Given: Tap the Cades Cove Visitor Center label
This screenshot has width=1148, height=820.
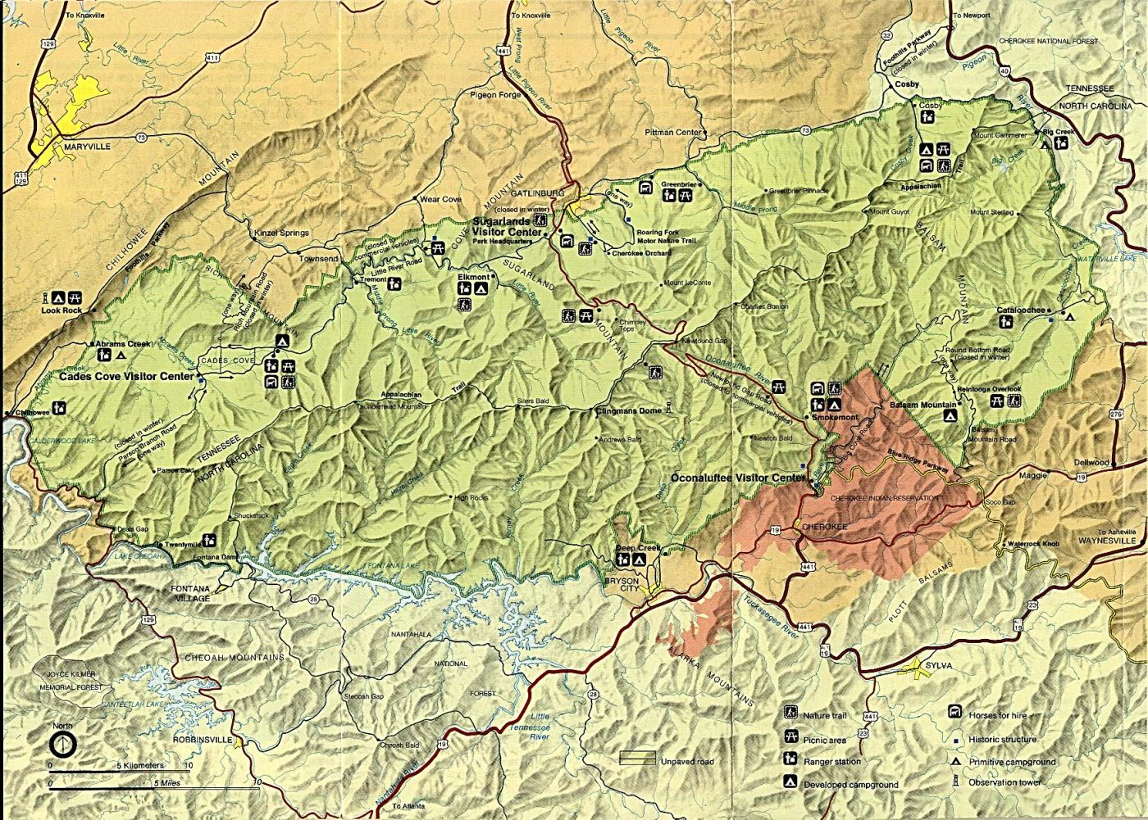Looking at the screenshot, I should [127, 377].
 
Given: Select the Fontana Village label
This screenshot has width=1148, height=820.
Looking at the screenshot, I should [190, 593].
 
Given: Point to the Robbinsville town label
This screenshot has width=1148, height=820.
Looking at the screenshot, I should [198, 738].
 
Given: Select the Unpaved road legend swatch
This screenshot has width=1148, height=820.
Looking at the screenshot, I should [636, 759].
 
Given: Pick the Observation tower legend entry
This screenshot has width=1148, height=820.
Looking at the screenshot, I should [1001, 783].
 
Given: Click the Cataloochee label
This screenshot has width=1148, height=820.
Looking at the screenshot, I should [1021, 310].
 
